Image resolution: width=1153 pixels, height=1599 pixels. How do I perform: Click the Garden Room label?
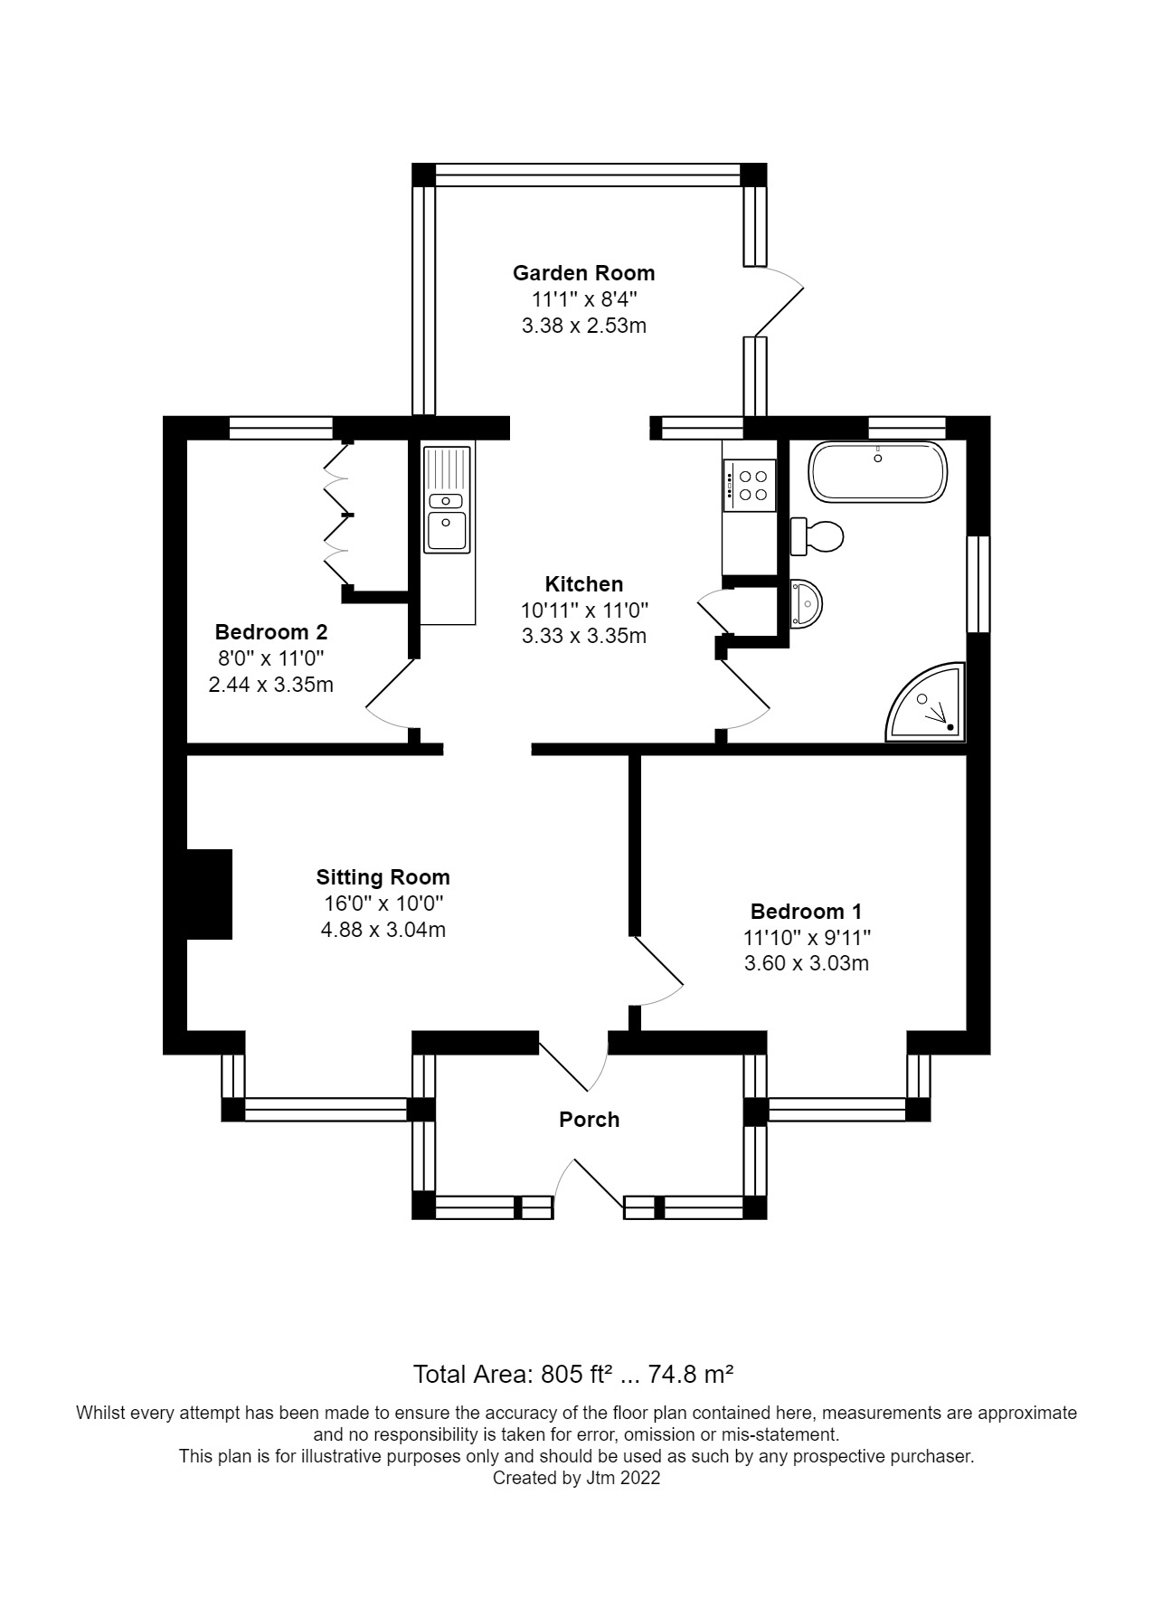[583, 273]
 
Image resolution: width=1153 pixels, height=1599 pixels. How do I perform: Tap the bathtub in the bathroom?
[878, 472]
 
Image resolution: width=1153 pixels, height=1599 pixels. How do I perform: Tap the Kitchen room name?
[583, 584]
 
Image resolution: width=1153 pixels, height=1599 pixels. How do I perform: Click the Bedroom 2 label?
[270, 632]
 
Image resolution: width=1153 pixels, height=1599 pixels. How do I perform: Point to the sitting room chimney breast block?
[210, 894]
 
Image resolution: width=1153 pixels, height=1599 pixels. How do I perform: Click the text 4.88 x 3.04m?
[383, 930]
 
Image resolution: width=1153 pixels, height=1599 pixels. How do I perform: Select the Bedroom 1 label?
[806, 911]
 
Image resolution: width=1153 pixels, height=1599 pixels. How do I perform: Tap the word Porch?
[589, 1120]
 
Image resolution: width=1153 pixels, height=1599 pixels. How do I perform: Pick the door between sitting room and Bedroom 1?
[657, 972]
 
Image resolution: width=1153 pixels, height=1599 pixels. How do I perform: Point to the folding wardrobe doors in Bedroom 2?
[336, 516]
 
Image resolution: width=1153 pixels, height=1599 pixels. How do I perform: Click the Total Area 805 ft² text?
[572, 1375]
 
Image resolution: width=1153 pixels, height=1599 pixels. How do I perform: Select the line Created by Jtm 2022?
[576, 1478]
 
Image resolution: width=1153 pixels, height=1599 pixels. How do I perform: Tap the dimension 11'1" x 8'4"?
[583, 299]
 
